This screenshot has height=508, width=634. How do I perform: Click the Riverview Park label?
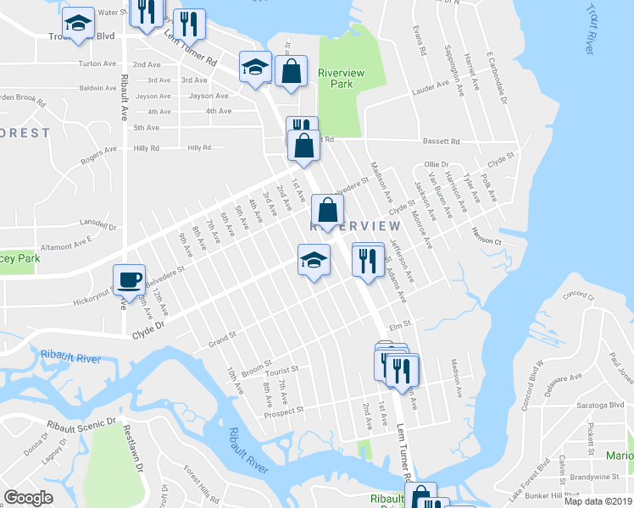point(341,78)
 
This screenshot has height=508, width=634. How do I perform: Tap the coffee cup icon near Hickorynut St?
point(129,279)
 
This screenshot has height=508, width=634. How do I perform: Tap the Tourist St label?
point(282,370)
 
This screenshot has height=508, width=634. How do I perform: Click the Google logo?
point(28,498)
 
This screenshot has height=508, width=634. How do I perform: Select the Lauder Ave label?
point(431,86)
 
